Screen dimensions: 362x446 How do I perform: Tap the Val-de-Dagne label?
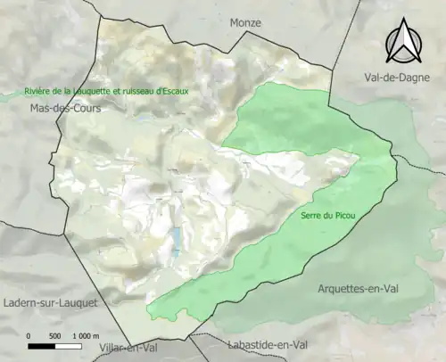[391, 78]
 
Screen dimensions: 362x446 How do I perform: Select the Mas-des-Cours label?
[66, 108]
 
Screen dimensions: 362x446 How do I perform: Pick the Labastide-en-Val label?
[268, 344]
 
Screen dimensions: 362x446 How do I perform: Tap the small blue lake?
[177, 239]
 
